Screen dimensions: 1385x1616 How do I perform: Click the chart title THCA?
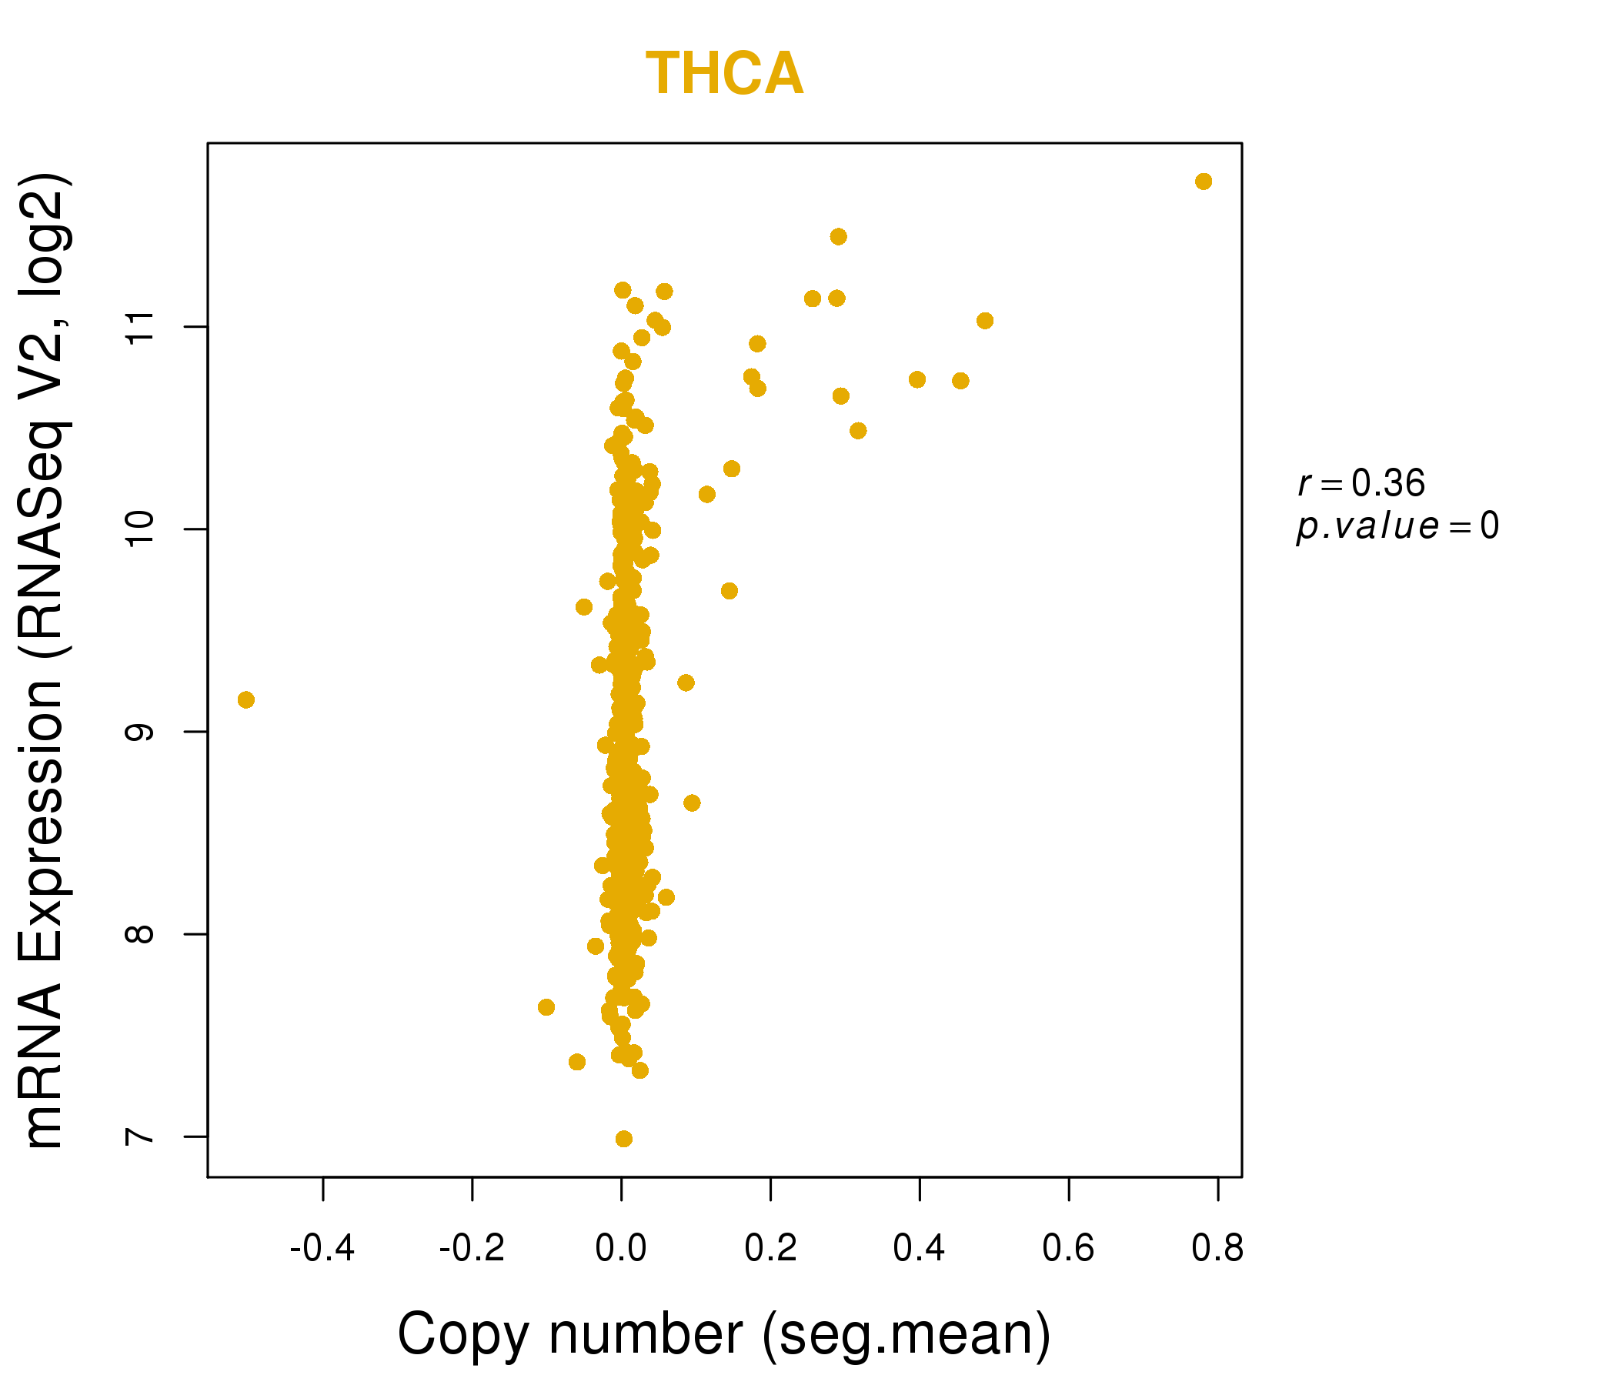click(725, 74)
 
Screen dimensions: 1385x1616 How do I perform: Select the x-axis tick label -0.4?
click(322, 1249)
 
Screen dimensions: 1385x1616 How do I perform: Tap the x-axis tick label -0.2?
click(472, 1249)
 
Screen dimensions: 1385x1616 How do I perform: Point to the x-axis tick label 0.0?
click(621, 1249)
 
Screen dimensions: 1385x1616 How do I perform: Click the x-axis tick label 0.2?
click(770, 1249)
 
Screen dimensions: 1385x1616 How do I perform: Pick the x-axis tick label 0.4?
click(920, 1249)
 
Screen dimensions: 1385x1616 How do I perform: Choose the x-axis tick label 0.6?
click(1069, 1249)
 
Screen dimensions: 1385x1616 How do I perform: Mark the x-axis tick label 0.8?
click(1217, 1249)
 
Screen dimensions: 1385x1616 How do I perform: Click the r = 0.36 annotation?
click(1361, 483)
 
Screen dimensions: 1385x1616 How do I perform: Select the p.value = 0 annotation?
click(1397, 526)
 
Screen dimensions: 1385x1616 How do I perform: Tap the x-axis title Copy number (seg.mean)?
click(724, 1334)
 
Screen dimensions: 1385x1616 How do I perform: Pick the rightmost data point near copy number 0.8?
click(1204, 182)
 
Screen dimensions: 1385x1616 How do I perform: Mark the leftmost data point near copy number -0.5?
click(245, 700)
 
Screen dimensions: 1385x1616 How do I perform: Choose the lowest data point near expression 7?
click(624, 1139)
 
